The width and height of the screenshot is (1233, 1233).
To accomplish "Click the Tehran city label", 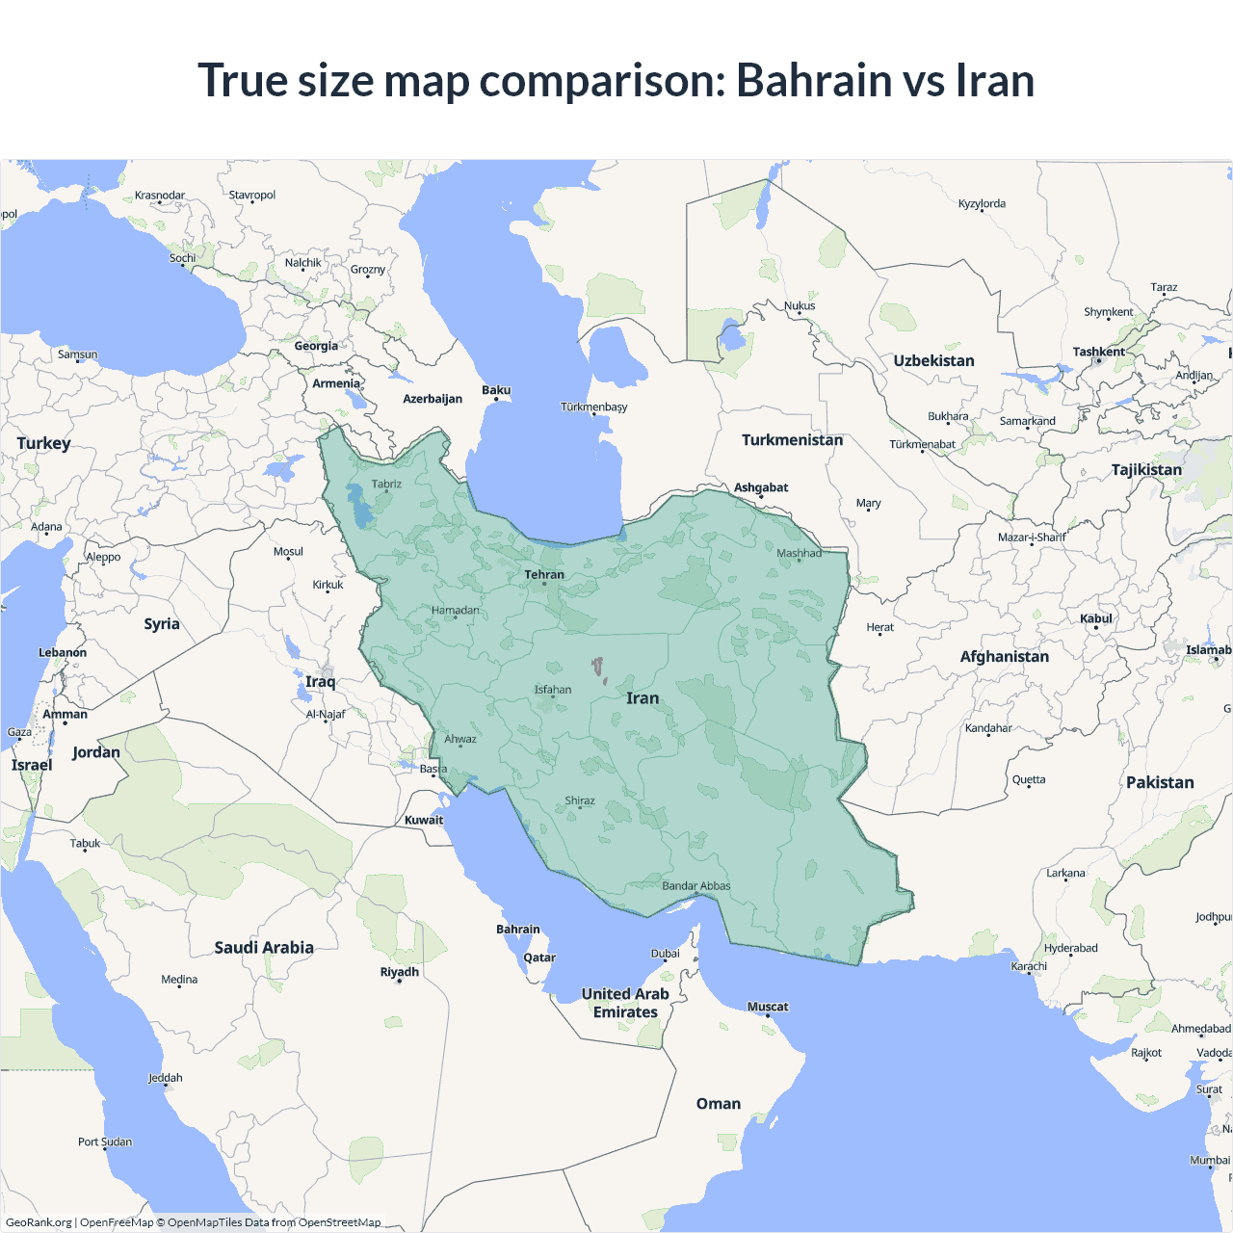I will point(544,574).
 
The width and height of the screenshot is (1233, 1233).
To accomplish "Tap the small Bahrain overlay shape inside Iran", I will point(598,667).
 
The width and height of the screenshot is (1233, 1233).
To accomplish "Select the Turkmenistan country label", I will point(792,439).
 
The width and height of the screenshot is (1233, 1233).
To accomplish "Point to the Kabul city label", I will point(1096,618).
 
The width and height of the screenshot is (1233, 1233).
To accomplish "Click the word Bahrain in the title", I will point(814,80).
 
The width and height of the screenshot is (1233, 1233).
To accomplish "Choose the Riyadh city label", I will point(399,971).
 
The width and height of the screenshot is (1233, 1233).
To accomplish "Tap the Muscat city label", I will point(768,1007).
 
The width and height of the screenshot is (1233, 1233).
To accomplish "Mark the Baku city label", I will point(496,390).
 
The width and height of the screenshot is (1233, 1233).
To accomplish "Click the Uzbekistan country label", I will point(933,360).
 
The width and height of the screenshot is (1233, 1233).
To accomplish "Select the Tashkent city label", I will point(1098,352).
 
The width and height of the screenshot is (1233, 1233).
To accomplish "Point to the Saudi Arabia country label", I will point(264,947).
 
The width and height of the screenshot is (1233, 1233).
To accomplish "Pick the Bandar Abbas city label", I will point(695,885).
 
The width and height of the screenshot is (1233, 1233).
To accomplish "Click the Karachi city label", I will point(1029,965).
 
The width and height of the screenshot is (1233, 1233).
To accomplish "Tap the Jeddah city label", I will point(166,1077).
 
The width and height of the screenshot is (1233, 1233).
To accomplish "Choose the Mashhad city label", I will point(799,553).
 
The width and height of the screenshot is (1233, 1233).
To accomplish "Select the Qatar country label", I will point(539,958).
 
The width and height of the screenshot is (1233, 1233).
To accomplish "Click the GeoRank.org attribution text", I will point(39,1222).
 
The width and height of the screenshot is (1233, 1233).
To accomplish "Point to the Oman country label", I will point(719,1103).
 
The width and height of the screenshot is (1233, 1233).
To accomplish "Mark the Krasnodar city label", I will point(160,195).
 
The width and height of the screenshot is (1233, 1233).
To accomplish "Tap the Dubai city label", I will point(665,954).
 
